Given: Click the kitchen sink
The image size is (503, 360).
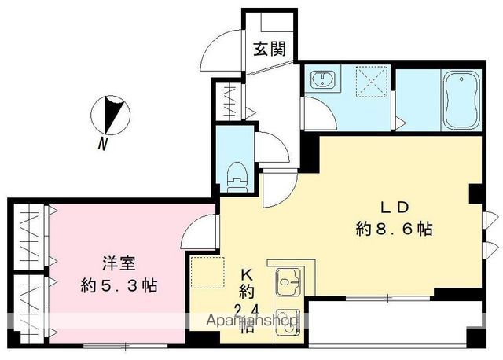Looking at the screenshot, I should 288,280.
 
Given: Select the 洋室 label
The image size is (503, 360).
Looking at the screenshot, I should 119,263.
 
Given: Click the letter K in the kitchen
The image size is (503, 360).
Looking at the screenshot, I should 246,275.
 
